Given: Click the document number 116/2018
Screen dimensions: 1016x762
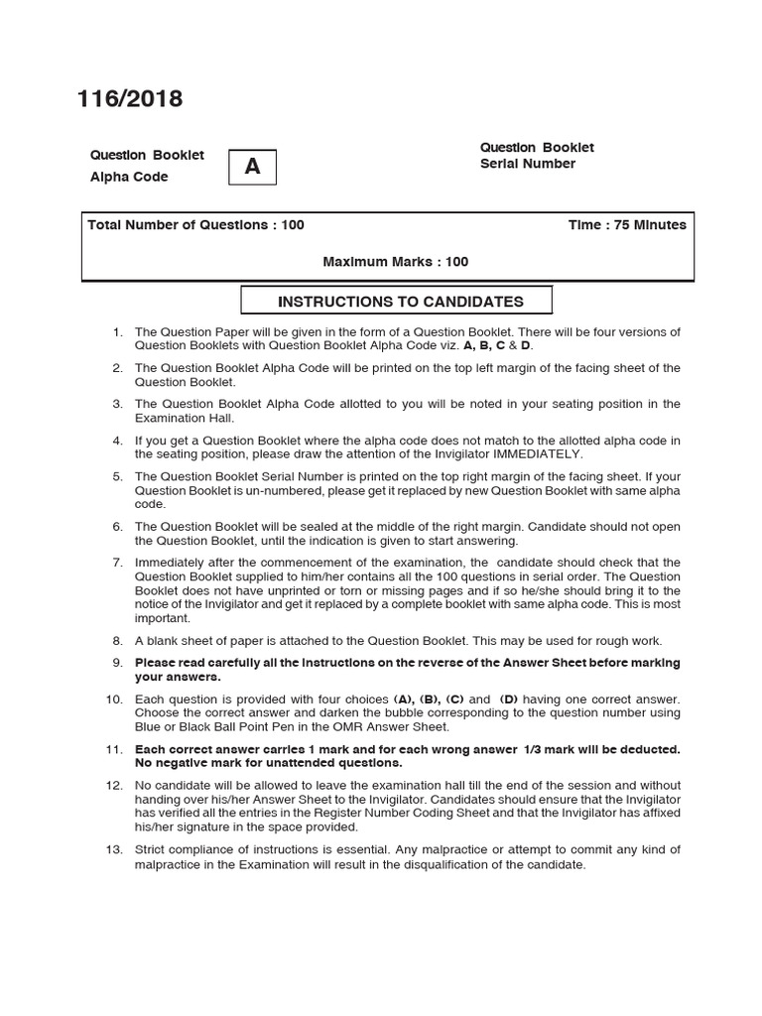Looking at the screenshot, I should (130, 98).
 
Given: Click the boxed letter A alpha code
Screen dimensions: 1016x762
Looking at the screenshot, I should (252, 167).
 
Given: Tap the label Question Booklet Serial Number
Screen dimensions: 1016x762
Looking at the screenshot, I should (537, 156).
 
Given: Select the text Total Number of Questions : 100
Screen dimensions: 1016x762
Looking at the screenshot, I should (195, 225).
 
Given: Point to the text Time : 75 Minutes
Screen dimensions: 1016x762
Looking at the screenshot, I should (626, 225).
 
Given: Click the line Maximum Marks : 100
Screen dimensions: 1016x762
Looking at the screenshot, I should (396, 262).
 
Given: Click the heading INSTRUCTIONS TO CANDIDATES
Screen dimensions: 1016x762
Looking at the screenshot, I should (400, 302).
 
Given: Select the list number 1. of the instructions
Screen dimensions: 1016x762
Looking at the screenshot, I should (116, 332).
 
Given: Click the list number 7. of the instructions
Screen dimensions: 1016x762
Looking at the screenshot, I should (116, 563).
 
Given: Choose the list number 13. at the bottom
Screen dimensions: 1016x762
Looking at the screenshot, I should (113, 849).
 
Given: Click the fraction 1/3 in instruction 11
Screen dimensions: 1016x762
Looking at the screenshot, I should (533, 749).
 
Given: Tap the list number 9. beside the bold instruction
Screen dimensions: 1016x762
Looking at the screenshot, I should (116, 663).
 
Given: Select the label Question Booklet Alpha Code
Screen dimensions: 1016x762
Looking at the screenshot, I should (147, 166).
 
